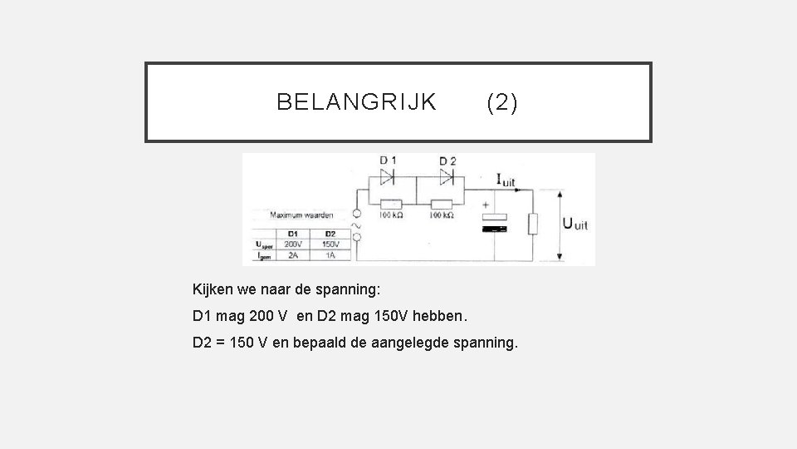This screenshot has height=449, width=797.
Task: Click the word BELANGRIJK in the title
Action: tap(356, 102)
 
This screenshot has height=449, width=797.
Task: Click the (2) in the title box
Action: tap(501, 102)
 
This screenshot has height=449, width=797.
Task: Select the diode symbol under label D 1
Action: tap(388, 176)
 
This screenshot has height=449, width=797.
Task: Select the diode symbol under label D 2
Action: tap(447, 176)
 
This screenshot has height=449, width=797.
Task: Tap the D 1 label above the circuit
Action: tap(388, 160)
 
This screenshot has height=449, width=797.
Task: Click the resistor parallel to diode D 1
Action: tap(390, 204)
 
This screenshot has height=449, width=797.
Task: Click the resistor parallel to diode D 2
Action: tap(442, 204)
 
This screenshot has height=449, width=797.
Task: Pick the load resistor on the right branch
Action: tap(535, 223)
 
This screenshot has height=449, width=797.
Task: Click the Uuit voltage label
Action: tap(576, 223)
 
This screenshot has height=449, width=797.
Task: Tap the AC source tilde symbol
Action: tap(358, 224)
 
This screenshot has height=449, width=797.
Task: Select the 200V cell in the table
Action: tap(293, 244)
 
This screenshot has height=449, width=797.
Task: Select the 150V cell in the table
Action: tap(330, 244)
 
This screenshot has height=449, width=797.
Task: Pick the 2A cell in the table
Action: tap(293, 256)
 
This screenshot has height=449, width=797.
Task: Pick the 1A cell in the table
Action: tap(330, 256)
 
